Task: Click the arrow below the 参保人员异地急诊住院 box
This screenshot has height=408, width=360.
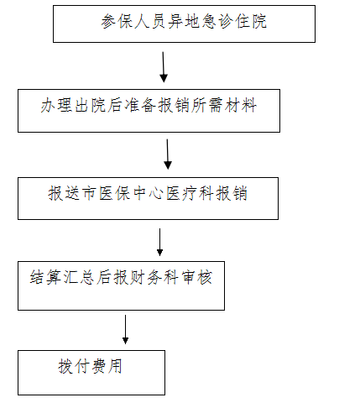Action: coord(164,67)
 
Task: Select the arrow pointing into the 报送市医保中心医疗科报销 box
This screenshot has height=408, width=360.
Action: coord(168,154)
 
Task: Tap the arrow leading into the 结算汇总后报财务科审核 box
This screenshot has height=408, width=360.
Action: coord(159,242)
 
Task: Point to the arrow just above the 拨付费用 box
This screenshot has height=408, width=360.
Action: coord(125,329)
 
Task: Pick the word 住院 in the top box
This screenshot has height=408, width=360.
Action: coord(251,21)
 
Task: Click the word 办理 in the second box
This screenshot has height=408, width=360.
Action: coord(57,106)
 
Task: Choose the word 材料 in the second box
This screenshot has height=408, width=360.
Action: coord(242,106)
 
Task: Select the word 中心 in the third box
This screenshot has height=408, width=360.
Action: coord(148,193)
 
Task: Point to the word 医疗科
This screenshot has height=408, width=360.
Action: coord(190,193)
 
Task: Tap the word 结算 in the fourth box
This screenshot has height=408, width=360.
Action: coord(46,278)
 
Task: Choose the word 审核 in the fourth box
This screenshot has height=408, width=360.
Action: coord(197,278)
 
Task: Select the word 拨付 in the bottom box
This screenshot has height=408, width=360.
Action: coord(74,366)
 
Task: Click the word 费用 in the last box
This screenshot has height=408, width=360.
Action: coord(107,366)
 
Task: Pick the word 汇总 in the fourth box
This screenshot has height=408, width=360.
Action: coord(80,278)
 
